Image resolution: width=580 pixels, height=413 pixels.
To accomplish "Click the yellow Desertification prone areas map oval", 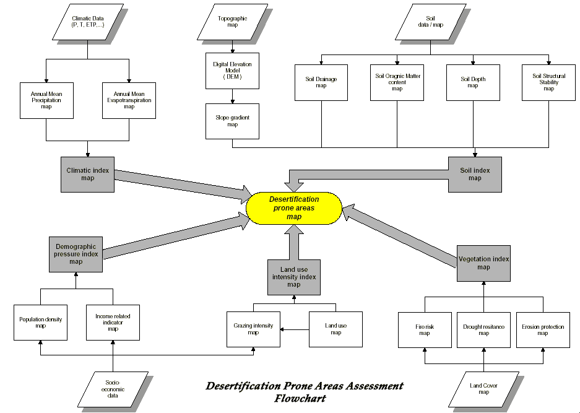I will (x=294, y=208).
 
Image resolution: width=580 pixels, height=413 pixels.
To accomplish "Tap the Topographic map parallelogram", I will (x=232, y=22).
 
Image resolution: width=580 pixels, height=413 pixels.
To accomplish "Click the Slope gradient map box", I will (x=232, y=121).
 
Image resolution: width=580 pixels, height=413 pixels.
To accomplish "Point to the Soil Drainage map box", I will (x=321, y=82).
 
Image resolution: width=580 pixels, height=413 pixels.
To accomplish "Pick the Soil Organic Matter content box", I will (x=397, y=82).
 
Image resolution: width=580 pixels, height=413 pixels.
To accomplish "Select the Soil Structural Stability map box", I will (x=548, y=82).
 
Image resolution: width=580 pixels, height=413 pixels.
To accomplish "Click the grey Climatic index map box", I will (x=87, y=174).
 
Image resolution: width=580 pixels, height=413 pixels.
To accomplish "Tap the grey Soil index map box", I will (x=474, y=174).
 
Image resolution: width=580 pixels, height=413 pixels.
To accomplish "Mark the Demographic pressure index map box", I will (x=76, y=253).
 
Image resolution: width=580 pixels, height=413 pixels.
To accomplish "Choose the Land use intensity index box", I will (x=293, y=277).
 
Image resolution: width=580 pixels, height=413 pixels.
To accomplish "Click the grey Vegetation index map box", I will (x=483, y=263).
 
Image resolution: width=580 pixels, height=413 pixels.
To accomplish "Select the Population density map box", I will (x=40, y=323).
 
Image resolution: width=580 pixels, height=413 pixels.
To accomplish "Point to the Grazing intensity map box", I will (x=253, y=329).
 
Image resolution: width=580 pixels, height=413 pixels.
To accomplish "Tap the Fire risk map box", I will (x=424, y=330).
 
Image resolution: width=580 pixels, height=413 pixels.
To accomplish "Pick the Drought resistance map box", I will (x=483, y=330).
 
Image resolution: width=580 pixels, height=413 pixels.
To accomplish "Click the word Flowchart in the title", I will (x=300, y=399).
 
